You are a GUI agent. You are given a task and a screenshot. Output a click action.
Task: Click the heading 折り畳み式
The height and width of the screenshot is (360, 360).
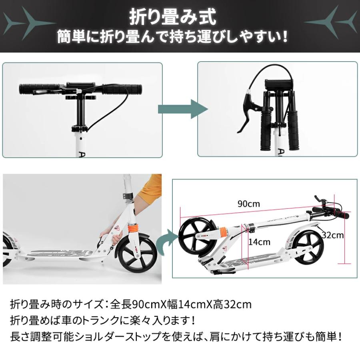tap(173, 17)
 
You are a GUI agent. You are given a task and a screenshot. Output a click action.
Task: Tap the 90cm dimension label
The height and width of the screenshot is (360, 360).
tap(248, 204)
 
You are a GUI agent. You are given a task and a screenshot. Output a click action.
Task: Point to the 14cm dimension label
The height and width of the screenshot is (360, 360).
tap(259, 242)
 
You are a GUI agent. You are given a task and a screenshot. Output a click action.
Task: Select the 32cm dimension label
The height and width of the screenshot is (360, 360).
tap(333, 235)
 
